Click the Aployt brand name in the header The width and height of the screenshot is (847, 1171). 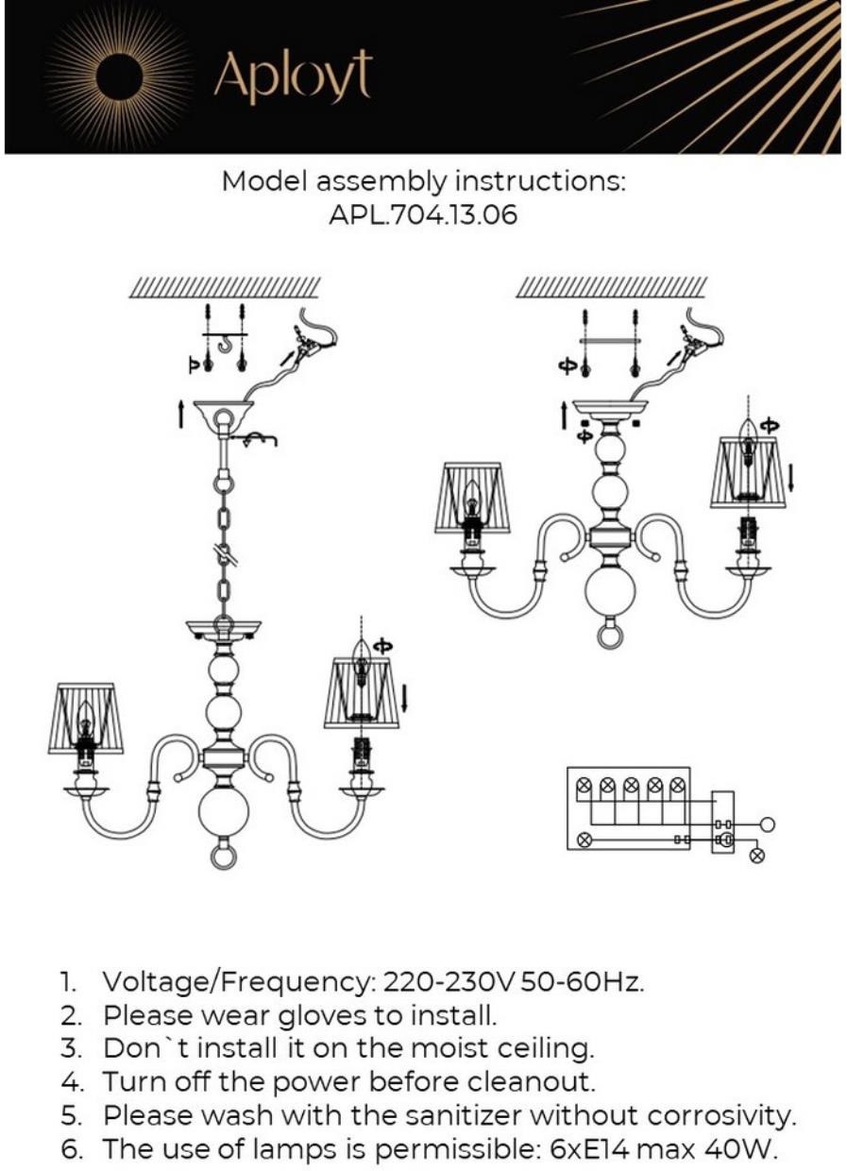tap(293, 77)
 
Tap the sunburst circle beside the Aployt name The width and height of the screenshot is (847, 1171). tap(121, 76)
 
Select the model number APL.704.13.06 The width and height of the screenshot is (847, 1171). tap(423, 215)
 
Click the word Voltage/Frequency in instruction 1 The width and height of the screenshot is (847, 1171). tap(237, 982)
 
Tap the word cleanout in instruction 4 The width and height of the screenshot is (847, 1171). tap(528, 1082)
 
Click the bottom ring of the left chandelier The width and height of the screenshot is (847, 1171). tap(224, 857)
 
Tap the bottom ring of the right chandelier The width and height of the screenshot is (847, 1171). tap(611, 634)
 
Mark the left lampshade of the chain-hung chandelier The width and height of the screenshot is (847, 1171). tap(86, 718)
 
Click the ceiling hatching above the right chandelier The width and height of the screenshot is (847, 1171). tap(611, 286)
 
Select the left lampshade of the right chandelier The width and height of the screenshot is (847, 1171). tap(473, 497)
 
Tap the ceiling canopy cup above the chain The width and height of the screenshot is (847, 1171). tap(224, 415)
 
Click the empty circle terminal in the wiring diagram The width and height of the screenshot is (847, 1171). tap(768, 823)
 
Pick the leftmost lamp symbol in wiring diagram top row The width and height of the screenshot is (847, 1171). tap(584, 784)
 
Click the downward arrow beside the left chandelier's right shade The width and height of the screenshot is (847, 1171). tap(406, 698)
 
